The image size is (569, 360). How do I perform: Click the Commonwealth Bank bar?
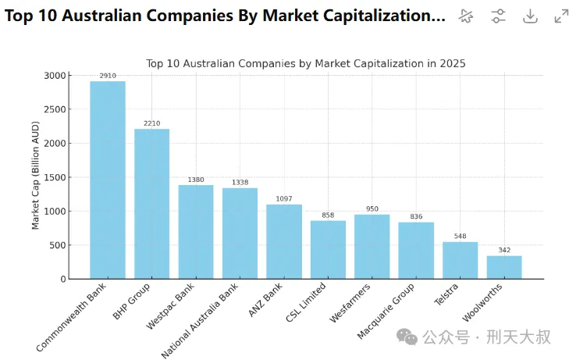[x=108, y=180]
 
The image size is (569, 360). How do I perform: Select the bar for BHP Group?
[x=151, y=204]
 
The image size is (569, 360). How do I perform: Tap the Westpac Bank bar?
[x=196, y=232]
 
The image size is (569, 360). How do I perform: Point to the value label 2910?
[x=108, y=76]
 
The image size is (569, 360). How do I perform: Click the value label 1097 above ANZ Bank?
[x=283, y=198]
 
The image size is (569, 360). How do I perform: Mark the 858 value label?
[x=328, y=215]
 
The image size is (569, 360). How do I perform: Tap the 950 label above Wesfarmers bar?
[x=372, y=209]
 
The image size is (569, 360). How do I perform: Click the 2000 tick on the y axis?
[x=54, y=144]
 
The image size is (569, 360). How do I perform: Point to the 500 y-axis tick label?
[x=57, y=245]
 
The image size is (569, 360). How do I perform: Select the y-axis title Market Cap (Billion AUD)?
[x=35, y=176]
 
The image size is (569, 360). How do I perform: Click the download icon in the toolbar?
[x=530, y=16]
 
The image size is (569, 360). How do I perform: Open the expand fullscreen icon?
[x=561, y=16]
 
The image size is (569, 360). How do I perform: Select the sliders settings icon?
[x=499, y=16]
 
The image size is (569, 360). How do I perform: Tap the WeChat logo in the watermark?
[x=407, y=336]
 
